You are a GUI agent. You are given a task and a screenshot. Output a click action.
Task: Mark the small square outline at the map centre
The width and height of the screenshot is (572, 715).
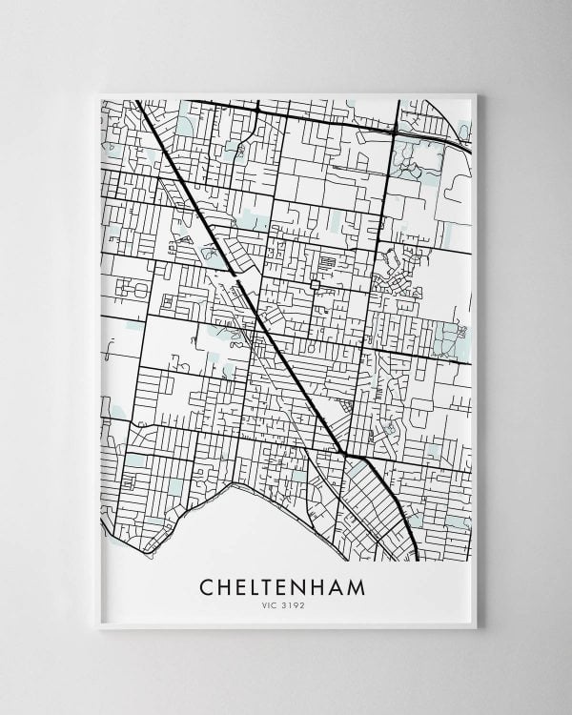315,284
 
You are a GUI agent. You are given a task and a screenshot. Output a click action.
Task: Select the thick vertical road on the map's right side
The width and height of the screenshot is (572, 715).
381,238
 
